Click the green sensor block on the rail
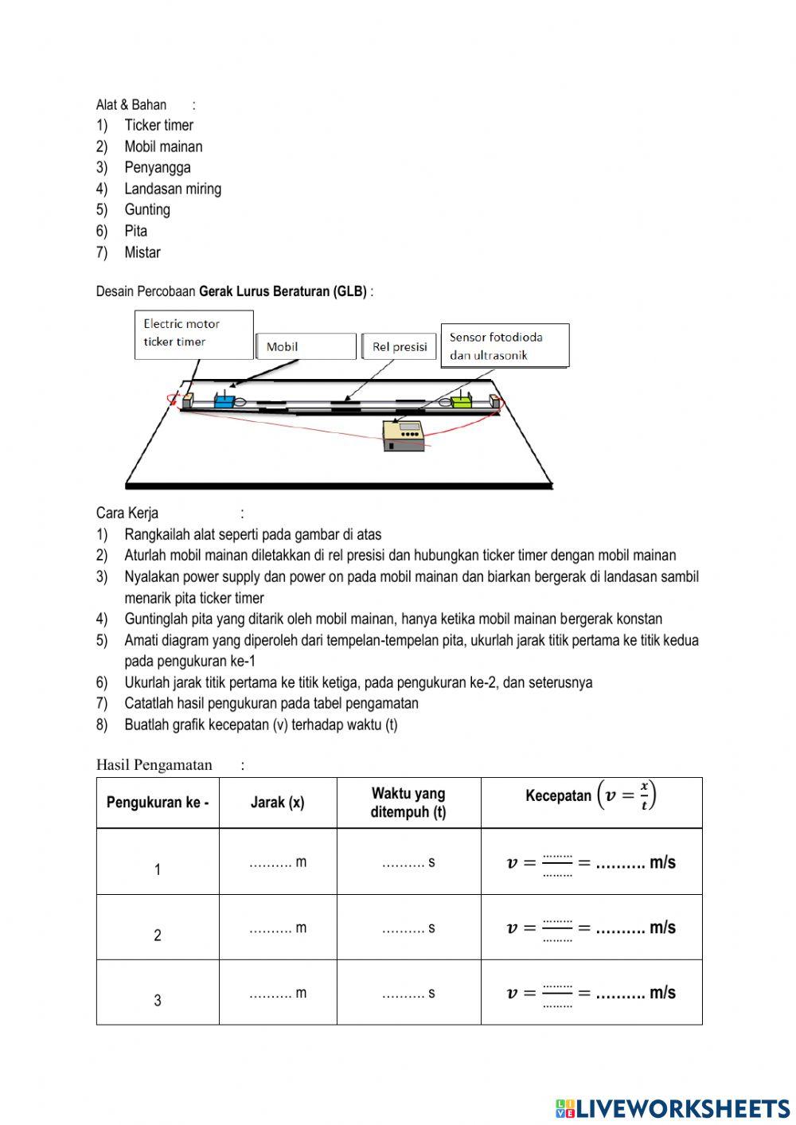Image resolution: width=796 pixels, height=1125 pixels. pyautogui.click(x=462, y=401)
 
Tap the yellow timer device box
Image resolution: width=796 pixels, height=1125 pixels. pyautogui.click(x=404, y=436)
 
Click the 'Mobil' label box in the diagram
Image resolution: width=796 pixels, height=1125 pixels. pyautogui.click(x=306, y=346)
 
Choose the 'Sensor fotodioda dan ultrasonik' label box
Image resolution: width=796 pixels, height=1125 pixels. pyautogui.click(x=505, y=346)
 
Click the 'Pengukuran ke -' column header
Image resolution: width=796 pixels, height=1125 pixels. pyautogui.click(x=158, y=803)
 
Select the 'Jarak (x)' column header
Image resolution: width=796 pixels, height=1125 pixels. pyautogui.click(x=278, y=803)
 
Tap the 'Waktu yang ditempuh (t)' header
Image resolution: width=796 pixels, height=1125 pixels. pyautogui.click(x=408, y=803)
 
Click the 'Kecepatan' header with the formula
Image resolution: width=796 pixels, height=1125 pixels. pyautogui.click(x=591, y=796)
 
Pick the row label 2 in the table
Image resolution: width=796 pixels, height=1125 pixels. pyautogui.click(x=158, y=935)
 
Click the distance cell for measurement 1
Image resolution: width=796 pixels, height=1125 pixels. pyautogui.click(x=278, y=862)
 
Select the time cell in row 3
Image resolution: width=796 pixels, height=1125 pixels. pyautogui.click(x=408, y=993)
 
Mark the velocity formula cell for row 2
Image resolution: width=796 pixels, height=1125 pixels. pyautogui.click(x=591, y=928)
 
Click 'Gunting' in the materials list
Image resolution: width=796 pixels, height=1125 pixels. pyautogui.click(x=147, y=209)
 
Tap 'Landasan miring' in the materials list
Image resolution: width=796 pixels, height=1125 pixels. pyautogui.click(x=173, y=189)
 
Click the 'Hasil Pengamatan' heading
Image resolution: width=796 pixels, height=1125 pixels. pyautogui.click(x=154, y=765)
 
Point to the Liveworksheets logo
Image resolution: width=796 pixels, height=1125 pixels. pyautogui.click(x=673, y=1108)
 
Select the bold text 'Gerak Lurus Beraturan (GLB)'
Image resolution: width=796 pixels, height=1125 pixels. pyautogui.click(x=283, y=291)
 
